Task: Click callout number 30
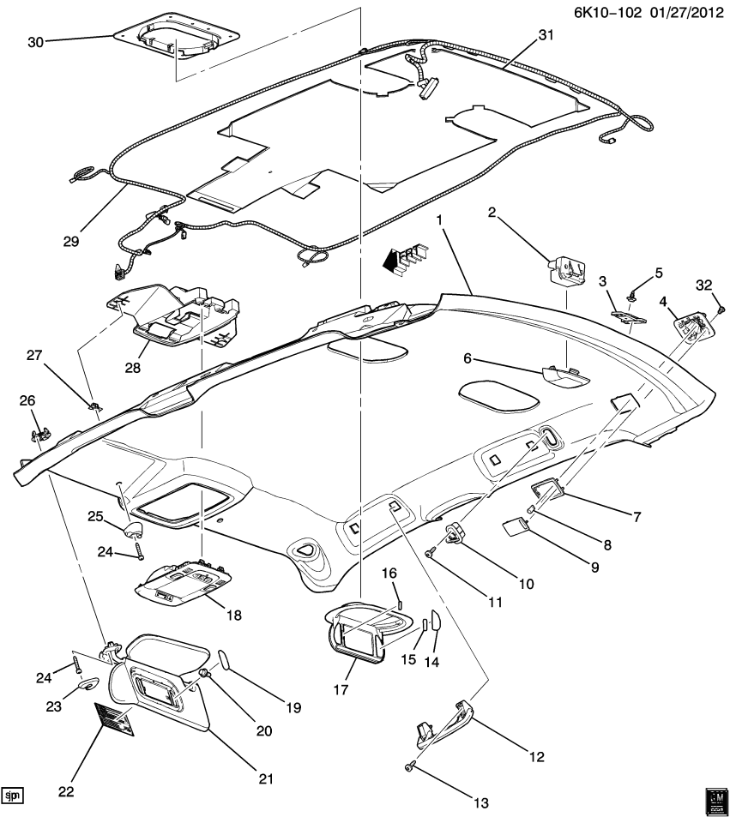(36, 41)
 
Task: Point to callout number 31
(546, 36)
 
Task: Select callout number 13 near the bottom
(480, 802)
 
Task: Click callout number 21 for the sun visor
(265, 778)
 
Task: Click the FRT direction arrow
(401, 258)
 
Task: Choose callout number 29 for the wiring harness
(70, 242)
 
